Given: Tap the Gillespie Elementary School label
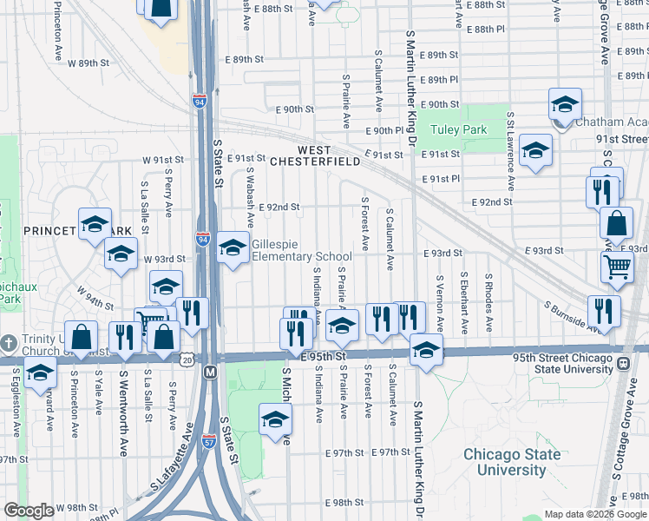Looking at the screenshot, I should point(302,251).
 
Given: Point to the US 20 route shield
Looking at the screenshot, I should point(189,358).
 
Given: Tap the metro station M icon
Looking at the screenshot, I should point(210,372).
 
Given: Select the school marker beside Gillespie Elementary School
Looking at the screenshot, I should point(232,248).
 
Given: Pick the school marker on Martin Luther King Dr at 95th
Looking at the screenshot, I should point(425,350).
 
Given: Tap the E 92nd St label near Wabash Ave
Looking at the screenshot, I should point(279,208).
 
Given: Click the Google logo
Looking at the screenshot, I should point(29,511).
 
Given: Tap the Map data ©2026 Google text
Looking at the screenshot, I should point(593,514).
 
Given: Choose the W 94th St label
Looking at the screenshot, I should point(95,299).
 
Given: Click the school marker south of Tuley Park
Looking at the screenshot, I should point(535,150).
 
